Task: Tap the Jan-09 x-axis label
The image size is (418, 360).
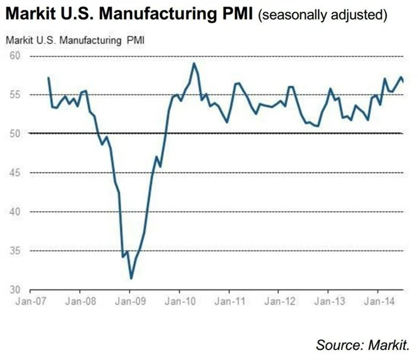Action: [129, 303]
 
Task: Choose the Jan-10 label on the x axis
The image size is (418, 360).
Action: [178, 303]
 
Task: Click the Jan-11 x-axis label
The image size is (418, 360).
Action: [229, 303]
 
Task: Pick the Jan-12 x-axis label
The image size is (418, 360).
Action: [278, 303]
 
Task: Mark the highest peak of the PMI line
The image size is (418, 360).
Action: [194, 63]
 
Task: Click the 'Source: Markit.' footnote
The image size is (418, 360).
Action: [366, 344]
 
